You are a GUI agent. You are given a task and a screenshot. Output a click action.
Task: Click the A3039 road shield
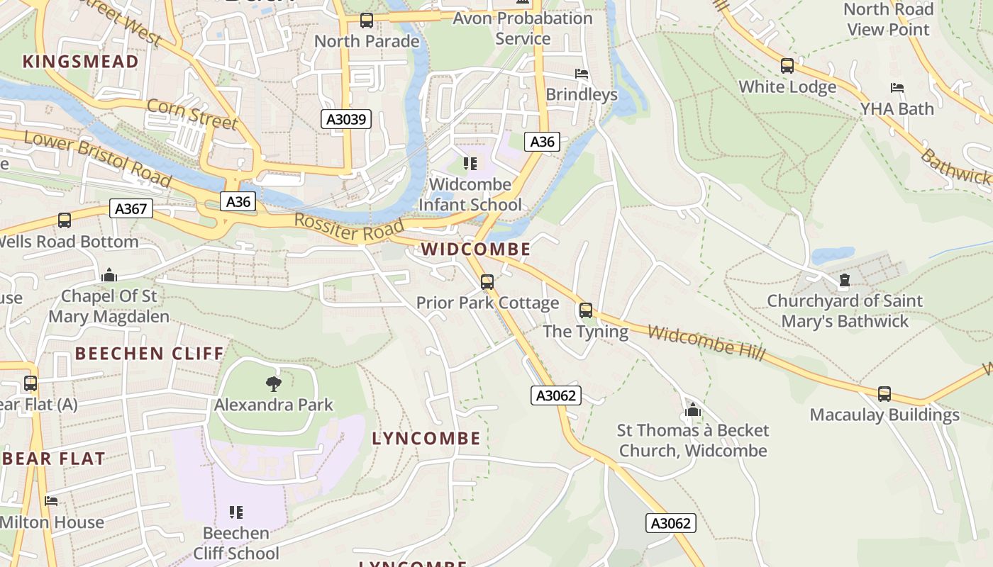pos(346,119)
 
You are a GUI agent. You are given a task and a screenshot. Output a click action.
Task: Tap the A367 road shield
pos(131,208)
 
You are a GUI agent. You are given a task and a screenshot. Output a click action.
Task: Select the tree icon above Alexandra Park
pos(274,384)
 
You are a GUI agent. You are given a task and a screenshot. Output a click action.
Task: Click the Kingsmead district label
pos(81,62)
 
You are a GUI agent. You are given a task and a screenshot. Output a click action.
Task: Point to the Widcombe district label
pos(475,249)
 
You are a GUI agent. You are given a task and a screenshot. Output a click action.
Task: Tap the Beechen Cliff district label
pos(150,353)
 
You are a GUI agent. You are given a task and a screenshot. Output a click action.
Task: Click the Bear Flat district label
pos(55,459)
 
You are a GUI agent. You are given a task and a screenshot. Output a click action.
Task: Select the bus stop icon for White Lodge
pos(787,66)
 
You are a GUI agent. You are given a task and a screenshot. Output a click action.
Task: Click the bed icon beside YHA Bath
pos(897,88)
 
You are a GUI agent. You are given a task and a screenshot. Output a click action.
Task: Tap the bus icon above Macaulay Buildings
pos(884,394)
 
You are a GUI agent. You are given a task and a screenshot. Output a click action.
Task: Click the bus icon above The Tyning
pos(586,310)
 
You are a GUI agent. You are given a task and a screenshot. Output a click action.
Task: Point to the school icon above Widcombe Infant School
pos(470,164)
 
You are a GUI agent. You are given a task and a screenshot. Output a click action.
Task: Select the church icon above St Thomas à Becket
pos(693,410)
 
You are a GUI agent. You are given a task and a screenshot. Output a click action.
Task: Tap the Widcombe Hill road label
pos(706,343)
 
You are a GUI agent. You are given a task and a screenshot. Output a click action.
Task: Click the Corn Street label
pos(192,114)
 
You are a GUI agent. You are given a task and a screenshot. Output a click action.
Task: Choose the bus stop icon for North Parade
pos(367,21)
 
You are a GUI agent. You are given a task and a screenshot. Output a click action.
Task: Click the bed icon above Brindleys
pos(582,74)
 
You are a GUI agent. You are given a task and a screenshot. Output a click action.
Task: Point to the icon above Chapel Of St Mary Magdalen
pos(109,274)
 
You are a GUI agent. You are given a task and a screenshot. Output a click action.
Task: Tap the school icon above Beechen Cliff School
pos(236,512)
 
